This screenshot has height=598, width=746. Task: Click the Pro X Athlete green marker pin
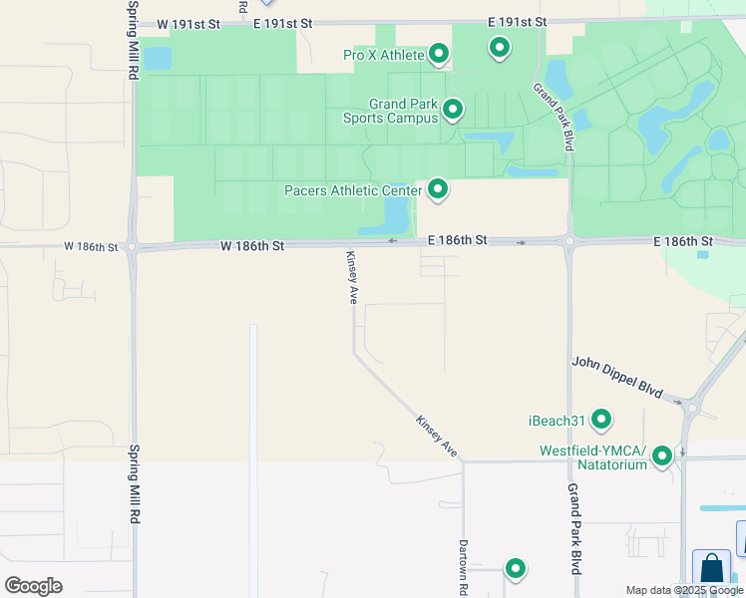pyautogui.click(x=439, y=53)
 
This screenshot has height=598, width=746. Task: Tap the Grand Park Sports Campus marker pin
pyautogui.click(x=453, y=108)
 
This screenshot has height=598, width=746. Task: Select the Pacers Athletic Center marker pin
pyautogui.click(x=437, y=188)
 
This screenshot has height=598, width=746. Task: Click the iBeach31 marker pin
pyautogui.click(x=601, y=420)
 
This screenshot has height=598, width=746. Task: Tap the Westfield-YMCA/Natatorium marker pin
pyautogui.click(x=662, y=456)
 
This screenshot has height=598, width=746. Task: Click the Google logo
pyautogui.click(x=33, y=585)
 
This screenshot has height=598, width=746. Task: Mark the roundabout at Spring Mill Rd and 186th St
pyautogui.click(x=133, y=247)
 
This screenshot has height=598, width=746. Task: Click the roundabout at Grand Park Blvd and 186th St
pyautogui.click(x=568, y=240)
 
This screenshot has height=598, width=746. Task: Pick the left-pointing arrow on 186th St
pyautogui.click(x=392, y=241)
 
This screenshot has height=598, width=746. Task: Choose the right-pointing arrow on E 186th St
pyautogui.click(x=521, y=242)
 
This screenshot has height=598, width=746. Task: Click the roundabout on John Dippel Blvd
pyautogui.click(x=692, y=407)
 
